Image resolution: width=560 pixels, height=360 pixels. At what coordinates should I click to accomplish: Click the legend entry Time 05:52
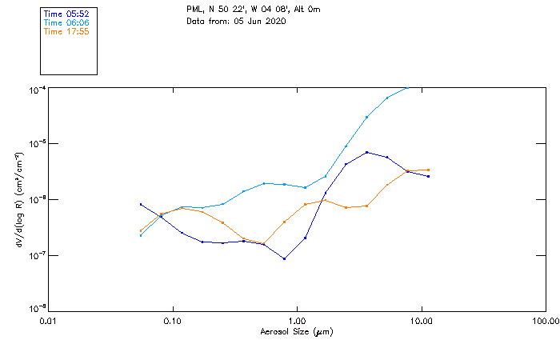point(67,14)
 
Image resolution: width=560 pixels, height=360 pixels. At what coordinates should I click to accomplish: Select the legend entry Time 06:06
point(67,23)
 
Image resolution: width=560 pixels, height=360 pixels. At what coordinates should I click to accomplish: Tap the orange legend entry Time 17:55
point(67,32)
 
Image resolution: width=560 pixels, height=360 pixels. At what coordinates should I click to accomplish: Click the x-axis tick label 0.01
point(48,320)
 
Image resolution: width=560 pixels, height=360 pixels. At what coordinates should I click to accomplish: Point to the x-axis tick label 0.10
point(172,320)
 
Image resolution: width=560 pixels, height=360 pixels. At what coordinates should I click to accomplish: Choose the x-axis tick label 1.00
point(297,320)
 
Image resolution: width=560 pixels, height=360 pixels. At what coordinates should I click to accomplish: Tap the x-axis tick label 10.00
point(421,320)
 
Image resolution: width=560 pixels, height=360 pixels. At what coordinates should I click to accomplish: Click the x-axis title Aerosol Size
point(297,331)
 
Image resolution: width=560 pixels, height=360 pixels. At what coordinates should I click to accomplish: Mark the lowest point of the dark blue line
point(284,258)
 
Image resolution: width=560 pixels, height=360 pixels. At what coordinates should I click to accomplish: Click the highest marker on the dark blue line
point(366,152)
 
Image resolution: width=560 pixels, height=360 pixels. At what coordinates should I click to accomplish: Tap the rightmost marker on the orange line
point(429,170)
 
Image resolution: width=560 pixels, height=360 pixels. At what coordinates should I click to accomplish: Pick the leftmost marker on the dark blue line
point(141,204)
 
